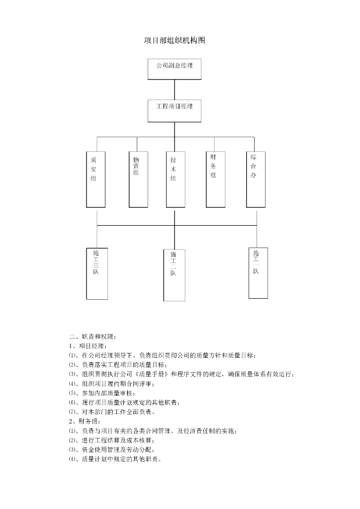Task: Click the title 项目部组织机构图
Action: (175, 40)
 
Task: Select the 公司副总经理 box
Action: (175, 69)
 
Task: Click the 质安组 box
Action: (95, 179)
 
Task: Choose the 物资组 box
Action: (138, 179)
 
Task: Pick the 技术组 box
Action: (175, 179)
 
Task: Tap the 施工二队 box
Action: (175, 275)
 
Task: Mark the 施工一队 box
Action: (258, 273)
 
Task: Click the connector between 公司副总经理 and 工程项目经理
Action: (175, 89)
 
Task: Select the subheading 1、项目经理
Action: (88, 345)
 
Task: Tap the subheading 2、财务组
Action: (85, 422)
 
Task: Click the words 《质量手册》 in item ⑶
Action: (152, 374)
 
